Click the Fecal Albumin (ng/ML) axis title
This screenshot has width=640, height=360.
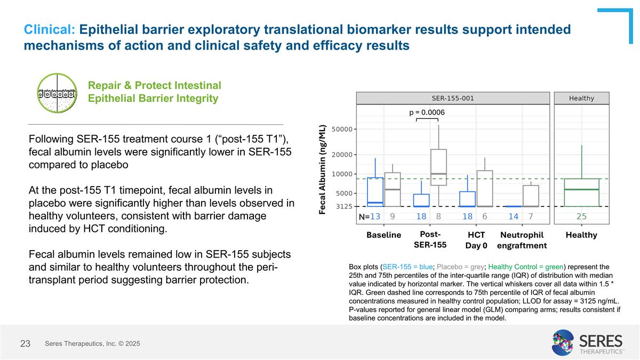[323, 170]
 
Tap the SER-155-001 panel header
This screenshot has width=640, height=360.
[452, 98]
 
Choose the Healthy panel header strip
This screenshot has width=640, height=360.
[581, 98]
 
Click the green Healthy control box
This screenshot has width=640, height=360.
[581, 192]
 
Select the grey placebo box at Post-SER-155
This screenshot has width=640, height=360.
[438, 167]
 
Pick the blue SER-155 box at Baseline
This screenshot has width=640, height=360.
[375, 191]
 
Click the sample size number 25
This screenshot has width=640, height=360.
[581, 217]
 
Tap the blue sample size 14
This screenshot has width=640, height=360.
[513, 217]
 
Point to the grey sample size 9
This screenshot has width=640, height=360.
[393, 217]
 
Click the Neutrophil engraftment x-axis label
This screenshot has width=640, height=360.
[522, 240]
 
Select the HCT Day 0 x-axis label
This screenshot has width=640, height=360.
[476, 240]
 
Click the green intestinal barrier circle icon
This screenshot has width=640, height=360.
[57, 93]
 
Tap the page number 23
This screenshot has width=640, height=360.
[25, 344]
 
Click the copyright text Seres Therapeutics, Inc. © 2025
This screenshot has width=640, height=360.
[92, 344]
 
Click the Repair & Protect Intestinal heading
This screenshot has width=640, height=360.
[155, 86]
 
